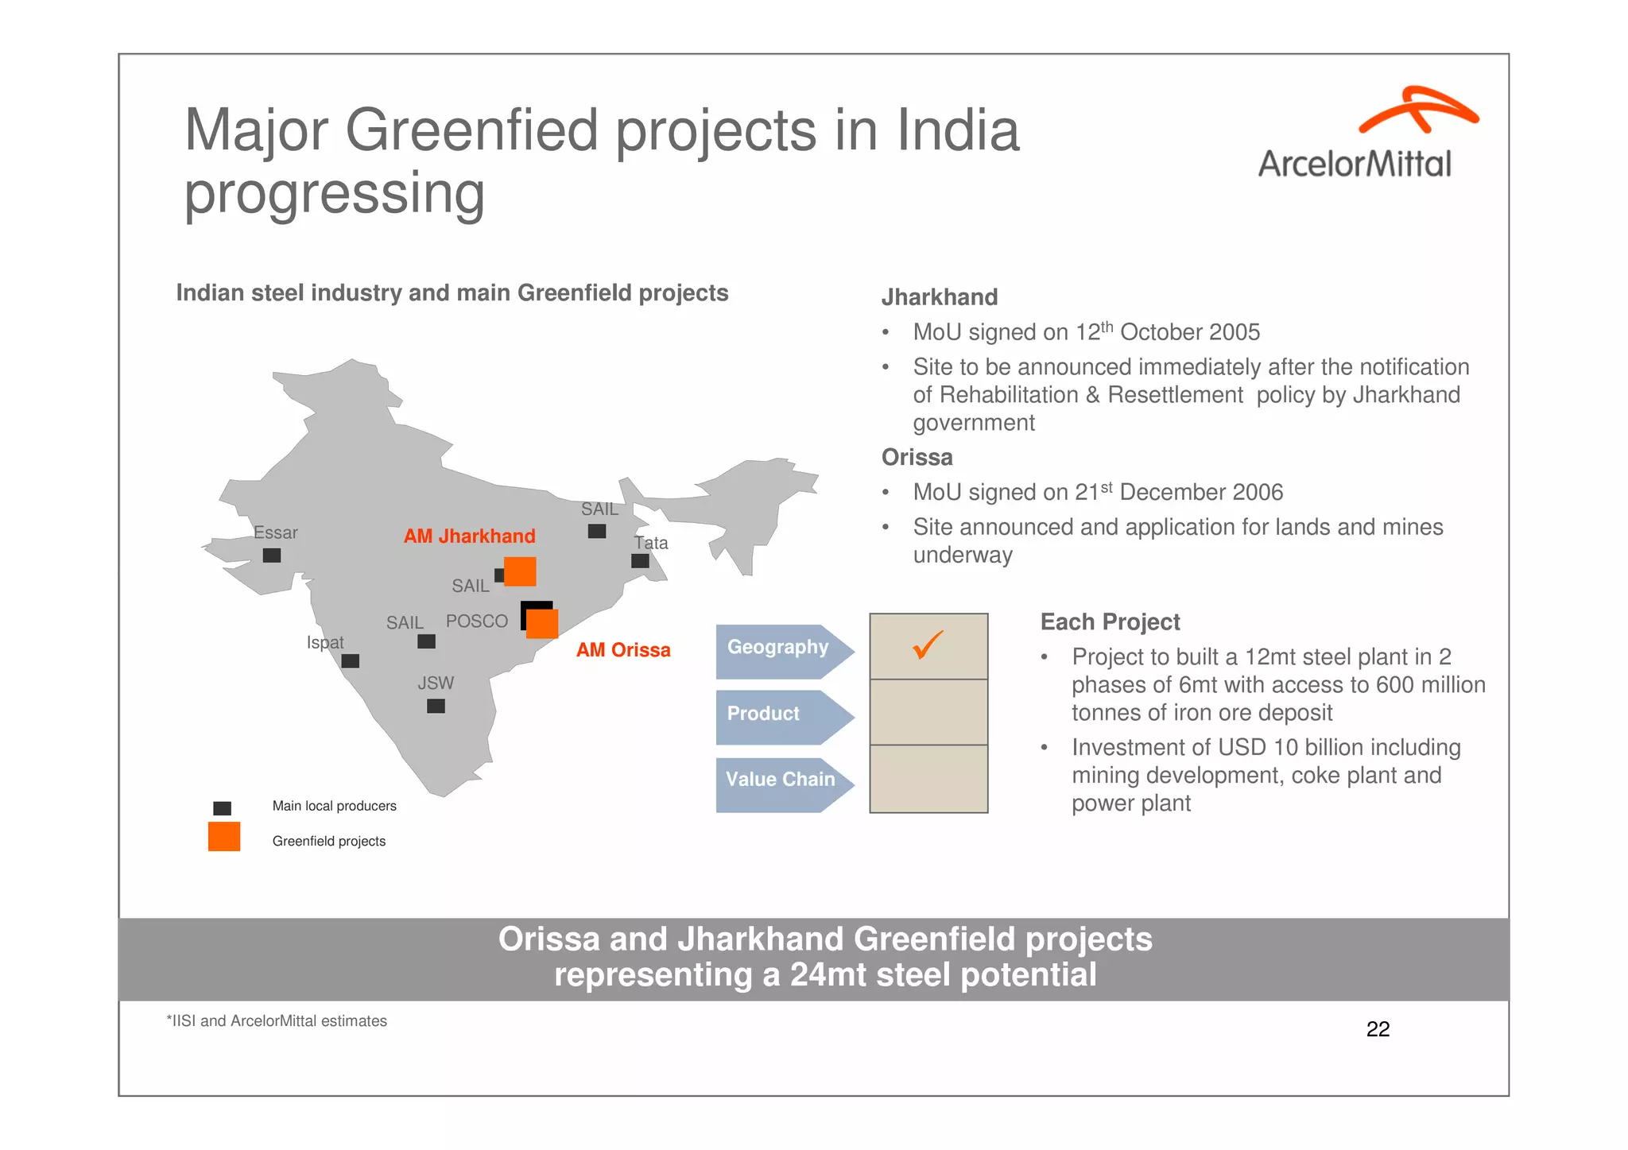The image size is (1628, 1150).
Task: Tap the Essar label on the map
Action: point(275,532)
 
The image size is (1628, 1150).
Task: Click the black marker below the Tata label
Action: point(640,561)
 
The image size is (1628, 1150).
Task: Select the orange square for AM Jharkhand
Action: point(520,571)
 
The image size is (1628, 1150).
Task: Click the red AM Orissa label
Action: point(623,650)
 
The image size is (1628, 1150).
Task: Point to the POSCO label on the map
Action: point(476,621)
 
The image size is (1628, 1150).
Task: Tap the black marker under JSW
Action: point(436,706)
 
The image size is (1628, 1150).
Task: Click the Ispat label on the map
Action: point(325,642)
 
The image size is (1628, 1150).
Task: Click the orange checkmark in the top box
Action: point(928,645)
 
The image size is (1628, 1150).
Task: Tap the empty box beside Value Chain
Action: point(928,779)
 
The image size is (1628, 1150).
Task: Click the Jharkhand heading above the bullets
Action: point(939,297)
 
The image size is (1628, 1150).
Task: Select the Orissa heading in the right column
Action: point(917,458)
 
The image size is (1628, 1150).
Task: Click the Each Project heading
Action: point(1110,622)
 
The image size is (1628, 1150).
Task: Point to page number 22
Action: point(1378,1029)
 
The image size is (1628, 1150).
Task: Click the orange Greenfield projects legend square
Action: point(224,837)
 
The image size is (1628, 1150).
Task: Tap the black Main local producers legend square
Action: point(223,808)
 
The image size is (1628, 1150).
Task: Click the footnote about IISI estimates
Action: point(277,1021)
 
